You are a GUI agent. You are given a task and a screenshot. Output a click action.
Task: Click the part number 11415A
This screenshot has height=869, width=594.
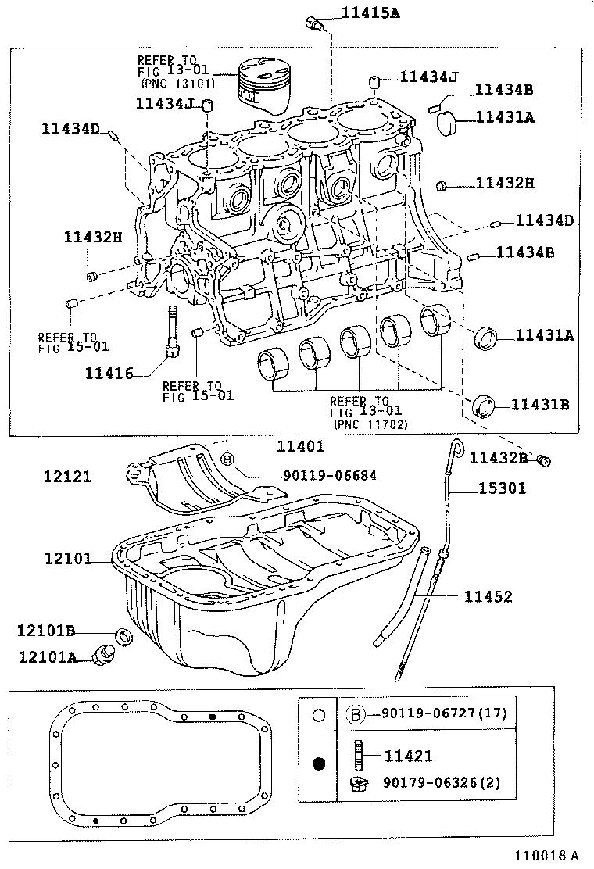[x=370, y=13]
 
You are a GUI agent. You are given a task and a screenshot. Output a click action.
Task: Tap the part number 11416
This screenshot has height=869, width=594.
[x=109, y=374]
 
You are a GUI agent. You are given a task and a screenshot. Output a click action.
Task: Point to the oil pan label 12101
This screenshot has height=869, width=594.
[x=68, y=560]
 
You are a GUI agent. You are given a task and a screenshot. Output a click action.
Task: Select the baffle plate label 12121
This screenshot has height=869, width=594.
[x=68, y=475]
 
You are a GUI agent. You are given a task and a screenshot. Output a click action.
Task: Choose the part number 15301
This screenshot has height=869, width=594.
[x=502, y=488]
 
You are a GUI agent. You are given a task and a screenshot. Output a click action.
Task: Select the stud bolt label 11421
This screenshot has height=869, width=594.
[x=408, y=756]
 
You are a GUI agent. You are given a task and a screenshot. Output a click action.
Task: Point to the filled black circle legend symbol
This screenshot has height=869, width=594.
[x=317, y=764]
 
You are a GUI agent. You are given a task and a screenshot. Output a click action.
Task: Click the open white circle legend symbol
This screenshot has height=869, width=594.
[x=317, y=714]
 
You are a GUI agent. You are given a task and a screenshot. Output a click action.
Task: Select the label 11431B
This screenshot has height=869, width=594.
[x=540, y=404]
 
